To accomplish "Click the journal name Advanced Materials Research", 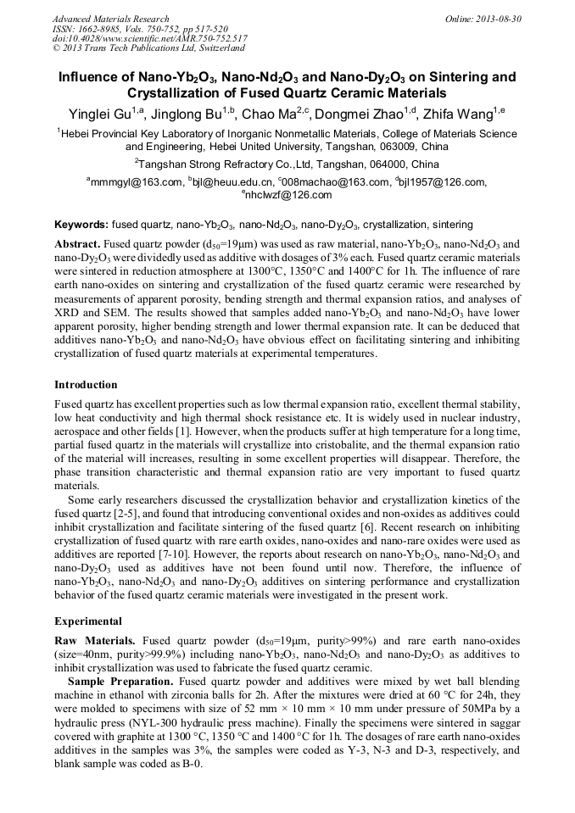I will (110, 19).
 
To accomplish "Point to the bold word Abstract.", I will (77, 242).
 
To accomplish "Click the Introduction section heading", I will (86, 385).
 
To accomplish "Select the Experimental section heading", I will (88, 621).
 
